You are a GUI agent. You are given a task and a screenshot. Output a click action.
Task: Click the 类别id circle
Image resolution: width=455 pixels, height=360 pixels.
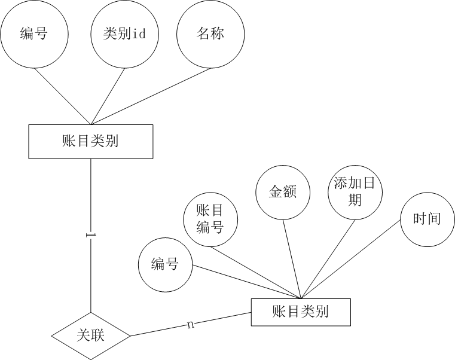(124, 34)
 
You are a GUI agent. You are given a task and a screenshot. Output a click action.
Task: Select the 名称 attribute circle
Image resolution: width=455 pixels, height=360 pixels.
(210, 34)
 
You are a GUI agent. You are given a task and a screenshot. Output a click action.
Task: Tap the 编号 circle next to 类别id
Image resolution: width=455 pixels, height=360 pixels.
(33, 34)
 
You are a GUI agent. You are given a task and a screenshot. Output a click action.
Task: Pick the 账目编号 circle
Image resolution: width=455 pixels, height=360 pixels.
(210, 218)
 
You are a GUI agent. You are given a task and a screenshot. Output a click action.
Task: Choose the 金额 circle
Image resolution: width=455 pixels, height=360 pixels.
(282, 193)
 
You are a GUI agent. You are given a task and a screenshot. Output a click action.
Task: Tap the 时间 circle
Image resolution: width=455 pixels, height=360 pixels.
(427, 219)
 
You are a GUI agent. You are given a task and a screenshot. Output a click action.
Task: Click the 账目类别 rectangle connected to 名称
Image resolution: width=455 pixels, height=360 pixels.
(90, 142)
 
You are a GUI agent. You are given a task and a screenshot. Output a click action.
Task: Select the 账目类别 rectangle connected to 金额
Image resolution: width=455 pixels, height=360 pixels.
(300, 312)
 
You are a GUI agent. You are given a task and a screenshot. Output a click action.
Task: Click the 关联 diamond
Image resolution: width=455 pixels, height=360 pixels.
(91, 335)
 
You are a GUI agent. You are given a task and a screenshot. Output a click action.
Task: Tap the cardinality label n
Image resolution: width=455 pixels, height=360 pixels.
(191, 324)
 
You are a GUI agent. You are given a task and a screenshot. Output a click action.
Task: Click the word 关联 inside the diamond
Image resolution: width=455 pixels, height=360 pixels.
(91, 335)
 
